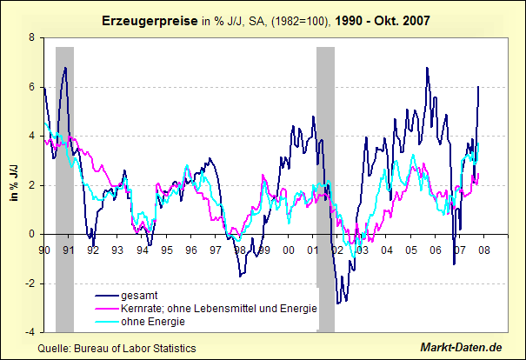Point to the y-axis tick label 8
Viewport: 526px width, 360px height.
pyautogui.click(x=32, y=38)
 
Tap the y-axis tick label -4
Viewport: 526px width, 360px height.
pyautogui.click(x=30, y=332)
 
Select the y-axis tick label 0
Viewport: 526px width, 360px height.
pyautogui.click(x=32, y=234)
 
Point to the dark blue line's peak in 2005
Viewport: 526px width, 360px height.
pyautogui.click(x=427, y=68)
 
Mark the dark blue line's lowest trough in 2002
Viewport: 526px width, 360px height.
pyautogui.click(x=338, y=303)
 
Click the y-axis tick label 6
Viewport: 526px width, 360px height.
pyautogui.click(x=32, y=87)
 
